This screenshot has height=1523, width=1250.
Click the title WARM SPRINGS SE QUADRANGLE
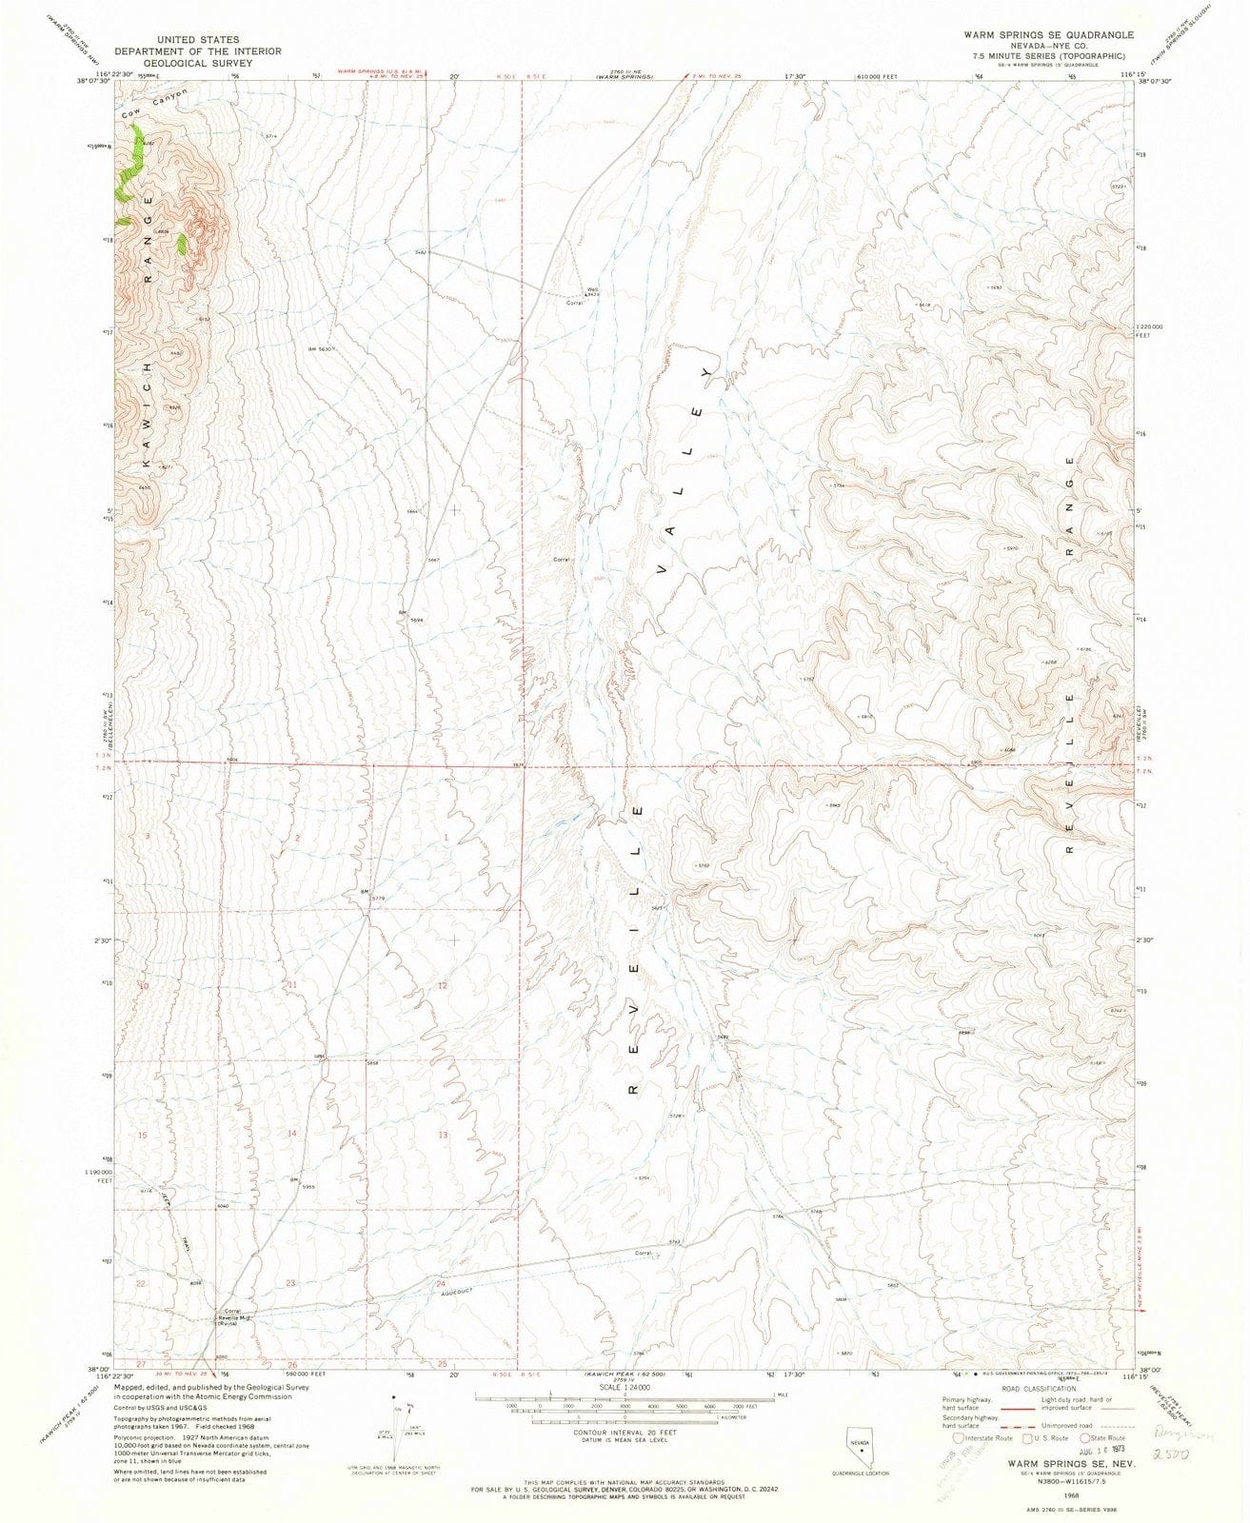[x=1048, y=34]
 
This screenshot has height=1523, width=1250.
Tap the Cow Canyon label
[x=157, y=104]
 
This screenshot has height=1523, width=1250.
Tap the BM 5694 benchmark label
[x=410, y=615]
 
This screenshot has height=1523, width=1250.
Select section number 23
[x=289, y=1283]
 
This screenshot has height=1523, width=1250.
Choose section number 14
[x=292, y=1133]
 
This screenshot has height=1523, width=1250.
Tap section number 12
[x=443, y=985]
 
